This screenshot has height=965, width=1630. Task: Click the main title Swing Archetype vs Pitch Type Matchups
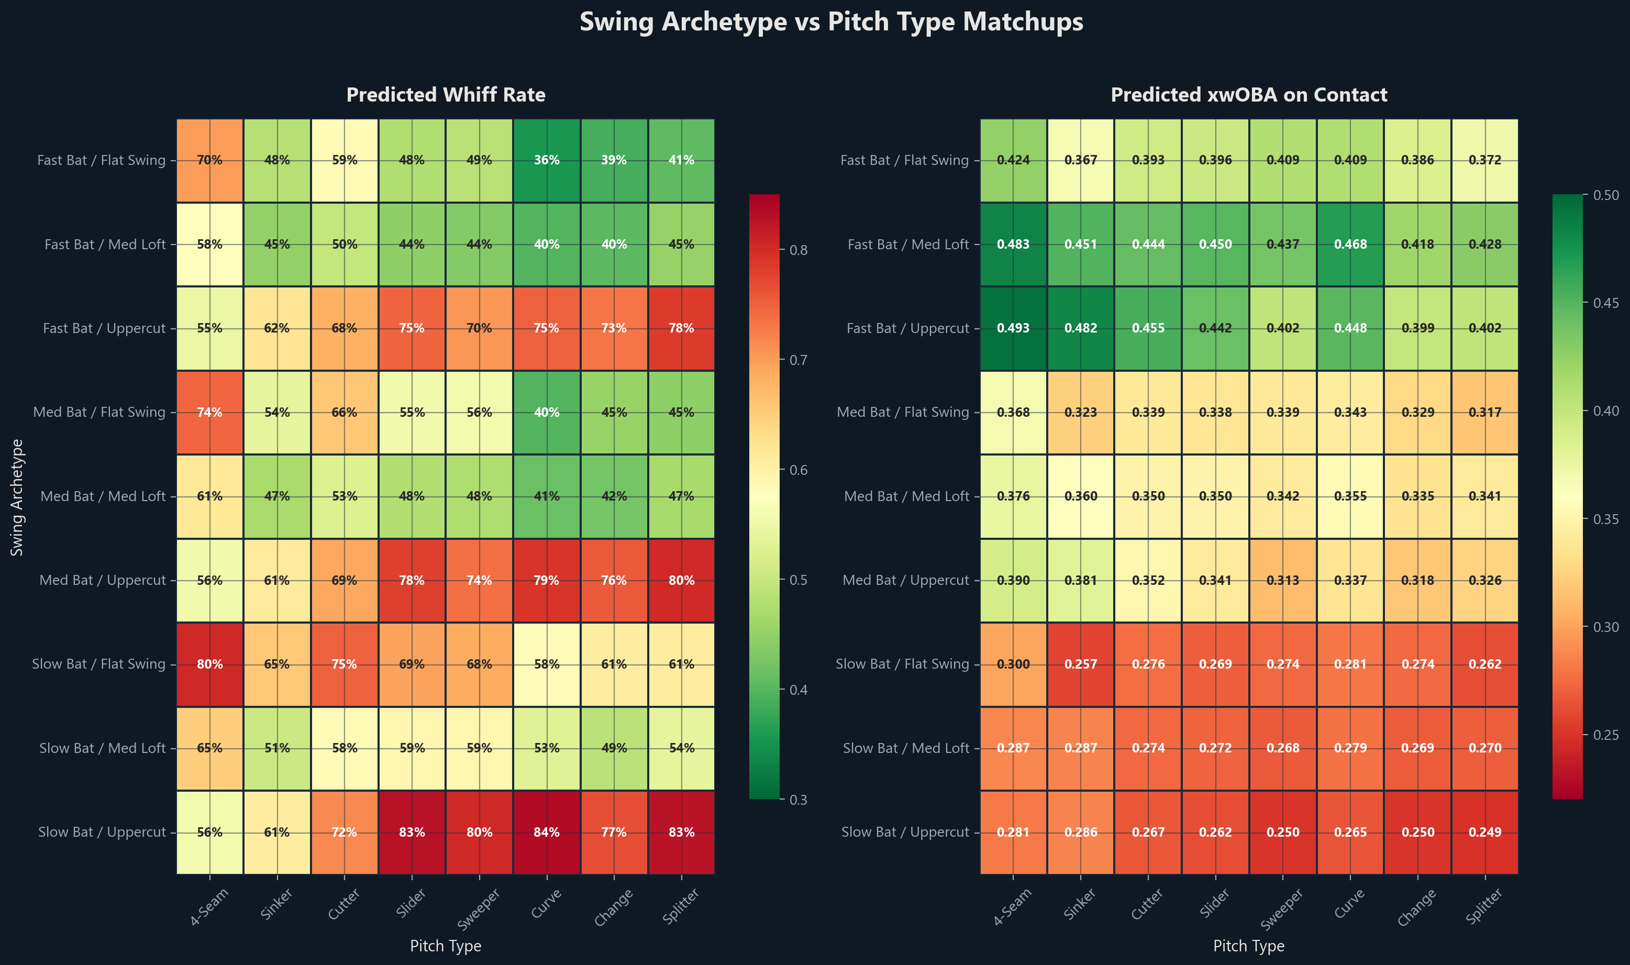click(831, 22)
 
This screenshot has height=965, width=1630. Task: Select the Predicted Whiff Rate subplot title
click(446, 95)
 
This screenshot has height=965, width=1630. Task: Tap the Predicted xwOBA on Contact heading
click(1248, 95)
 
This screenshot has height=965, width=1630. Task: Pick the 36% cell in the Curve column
click(546, 160)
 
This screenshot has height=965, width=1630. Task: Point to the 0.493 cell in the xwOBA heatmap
click(1013, 328)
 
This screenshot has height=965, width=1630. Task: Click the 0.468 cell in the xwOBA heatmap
click(1350, 244)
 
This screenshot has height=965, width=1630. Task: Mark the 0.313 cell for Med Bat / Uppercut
click(1282, 580)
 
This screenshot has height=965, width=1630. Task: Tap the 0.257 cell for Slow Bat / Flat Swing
click(1081, 664)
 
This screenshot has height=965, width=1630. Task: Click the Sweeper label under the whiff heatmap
click(479, 909)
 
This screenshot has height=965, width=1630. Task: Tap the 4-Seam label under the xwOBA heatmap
click(1012, 906)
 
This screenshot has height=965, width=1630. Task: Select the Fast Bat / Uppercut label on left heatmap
click(104, 328)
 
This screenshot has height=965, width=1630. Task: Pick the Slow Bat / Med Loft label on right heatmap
click(906, 748)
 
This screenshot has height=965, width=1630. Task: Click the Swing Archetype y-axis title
click(17, 497)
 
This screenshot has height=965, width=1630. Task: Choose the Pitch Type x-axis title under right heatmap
click(1248, 946)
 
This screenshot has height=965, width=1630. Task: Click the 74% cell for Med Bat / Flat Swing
click(209, 412)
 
